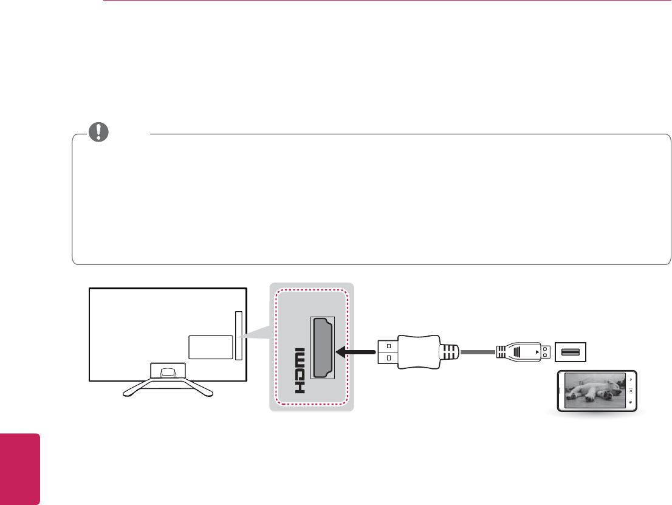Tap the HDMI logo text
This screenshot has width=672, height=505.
click(x=301, y=371)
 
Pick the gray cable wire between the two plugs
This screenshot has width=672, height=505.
click(x=478, y=351)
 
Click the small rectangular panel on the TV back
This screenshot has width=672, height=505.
click(x=210, y=346)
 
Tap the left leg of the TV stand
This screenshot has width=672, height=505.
click(x=137, y=387)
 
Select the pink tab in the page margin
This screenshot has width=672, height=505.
click(x=20, y=469)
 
